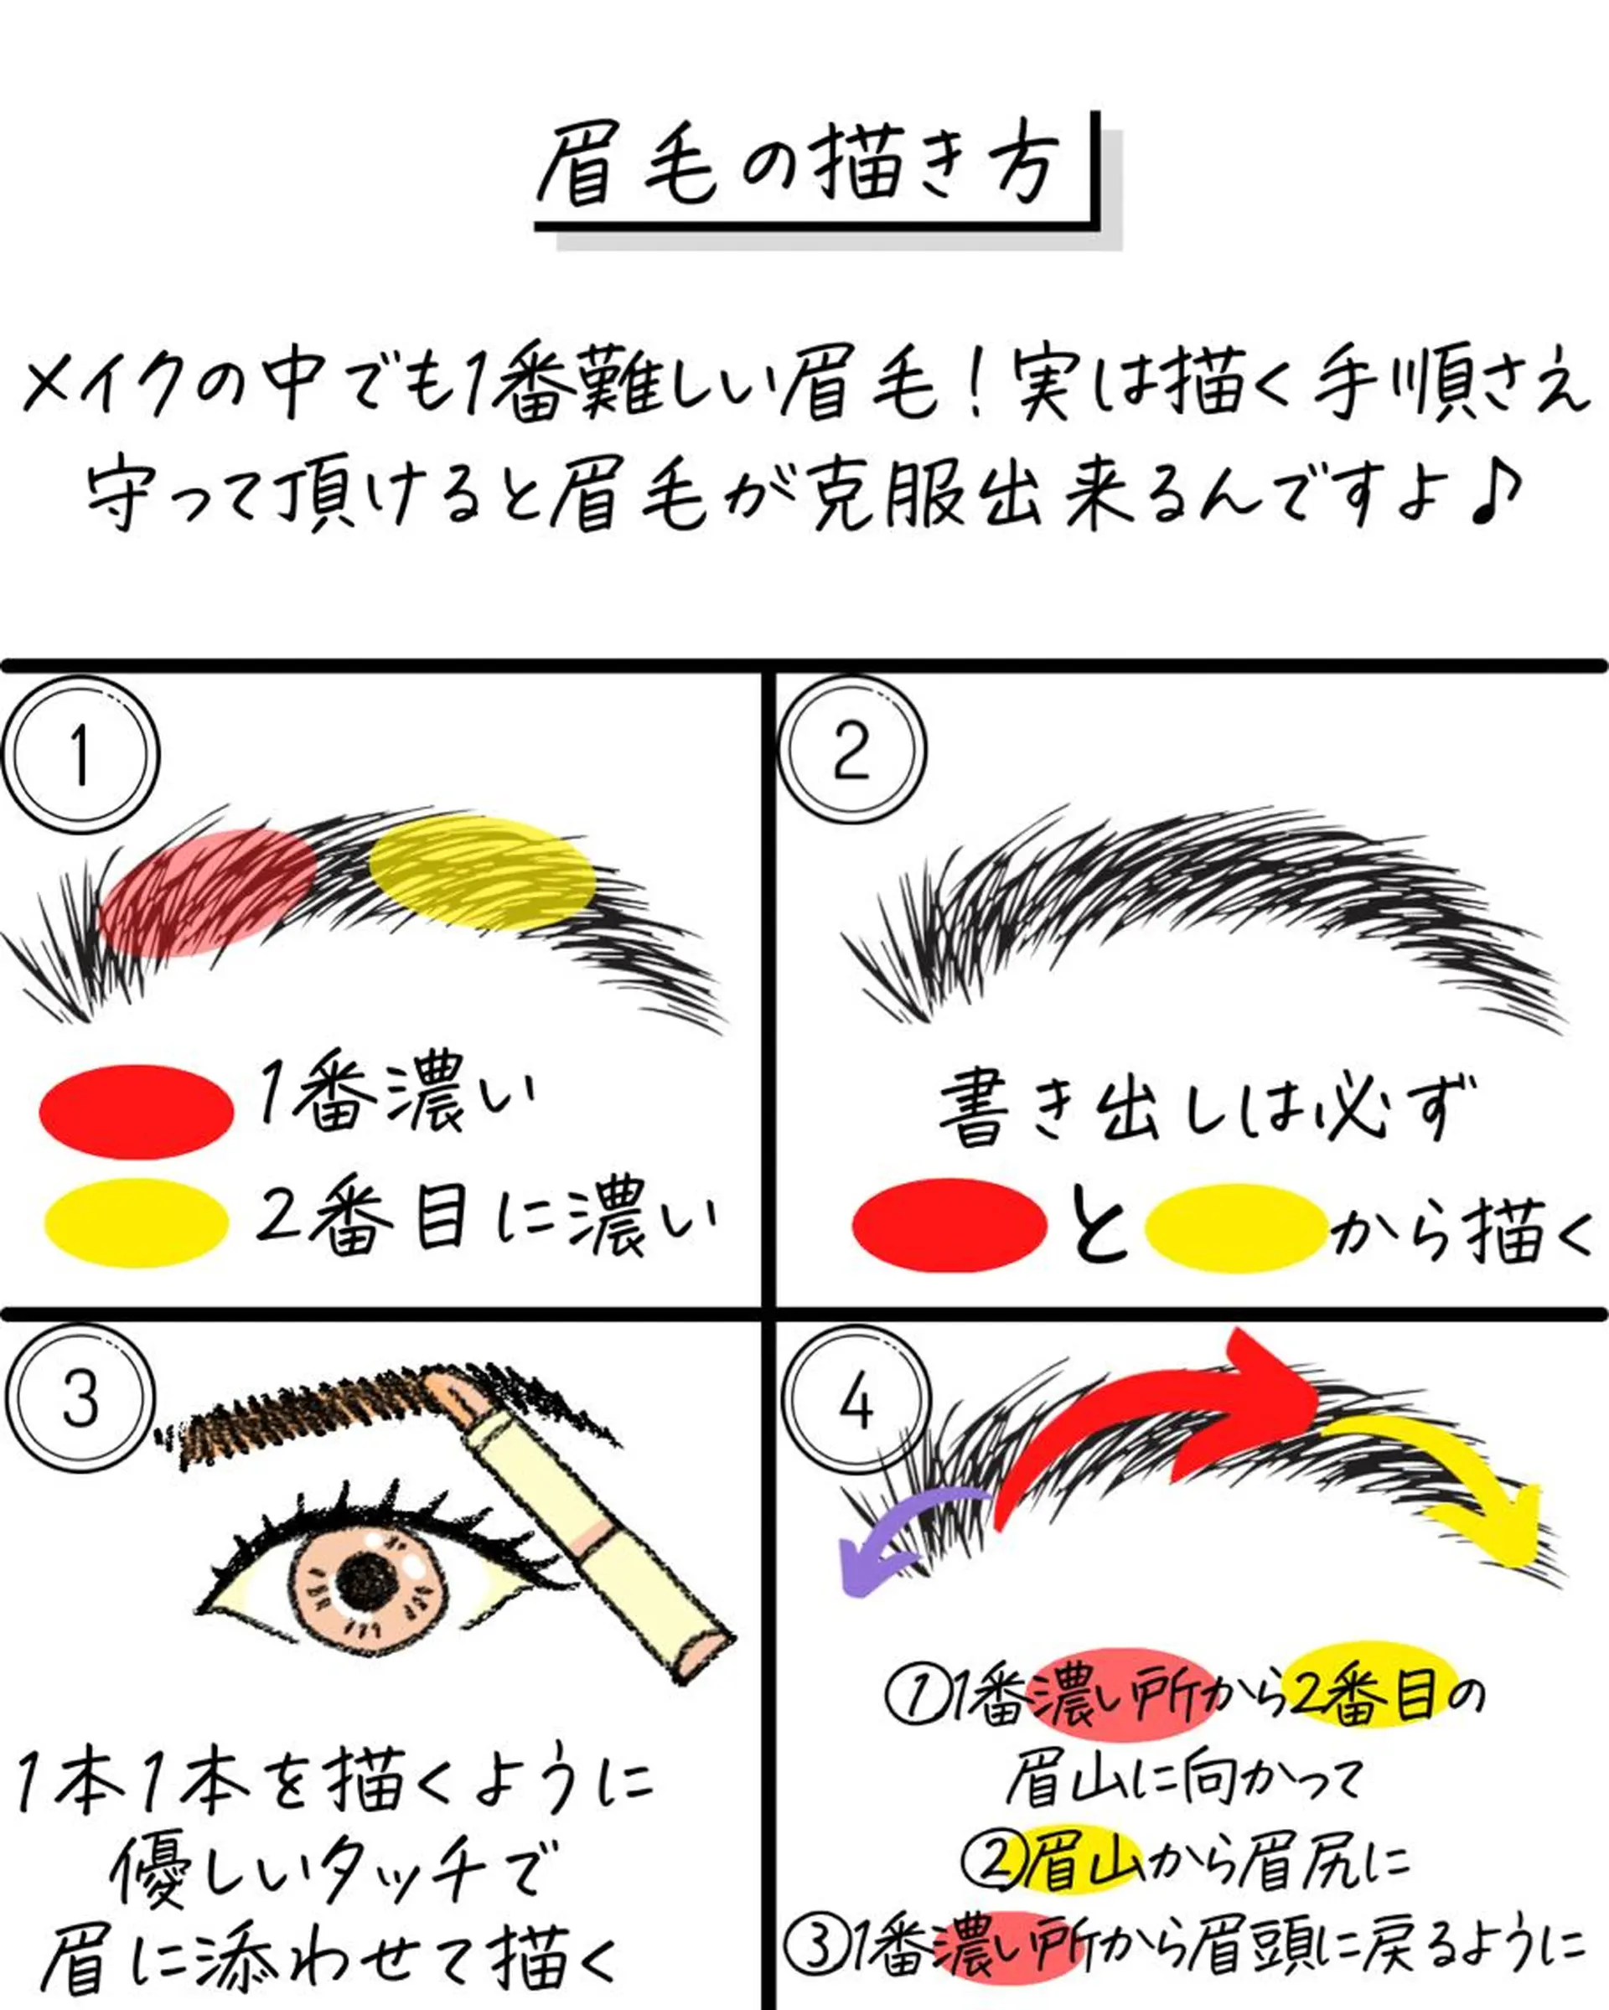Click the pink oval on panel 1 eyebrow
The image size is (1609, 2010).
(207, 892)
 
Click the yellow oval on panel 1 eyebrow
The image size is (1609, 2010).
(481, 871)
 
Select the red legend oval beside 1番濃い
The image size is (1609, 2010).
(136, 1111)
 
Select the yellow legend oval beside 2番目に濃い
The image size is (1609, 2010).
(136, 1222)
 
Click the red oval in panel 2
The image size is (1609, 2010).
(949, 1225)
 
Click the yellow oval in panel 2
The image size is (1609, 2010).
(1235, 1227)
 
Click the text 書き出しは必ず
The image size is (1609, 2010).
(1208, 1109)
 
